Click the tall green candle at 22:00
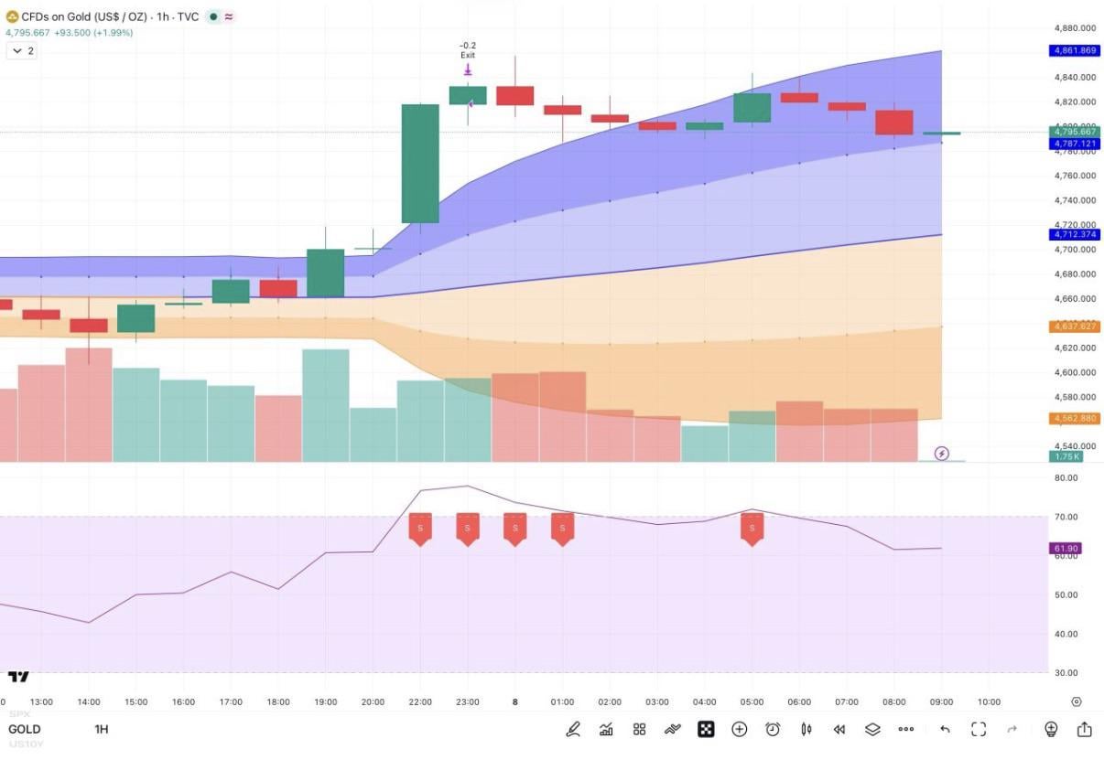[420, 163]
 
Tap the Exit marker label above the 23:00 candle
[468, 56]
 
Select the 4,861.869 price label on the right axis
[1074, 50]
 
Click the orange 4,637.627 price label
[1074, 326]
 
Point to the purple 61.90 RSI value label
[1066, 549]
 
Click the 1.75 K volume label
[1066, 455]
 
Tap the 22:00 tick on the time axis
[420, 702]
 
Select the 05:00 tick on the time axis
[752, 702]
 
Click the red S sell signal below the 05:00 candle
[752, 529]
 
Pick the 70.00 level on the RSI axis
[1066, 517]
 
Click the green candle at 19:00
[325, 273]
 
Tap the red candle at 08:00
[894, 123]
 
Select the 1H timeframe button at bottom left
[102, 729]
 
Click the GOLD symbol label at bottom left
[25, 729]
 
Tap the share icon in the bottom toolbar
[1084, 729]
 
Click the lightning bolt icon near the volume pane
[942, 454]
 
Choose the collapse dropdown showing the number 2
[22, 51]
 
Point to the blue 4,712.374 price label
[1074, 235]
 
